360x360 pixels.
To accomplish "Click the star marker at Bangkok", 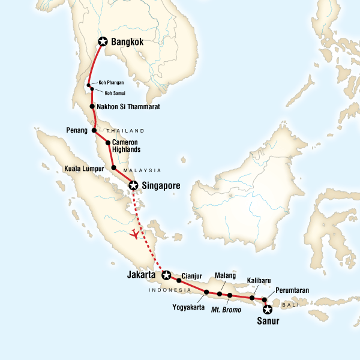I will (103, 41).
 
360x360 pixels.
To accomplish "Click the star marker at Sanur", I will (268, 310).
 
